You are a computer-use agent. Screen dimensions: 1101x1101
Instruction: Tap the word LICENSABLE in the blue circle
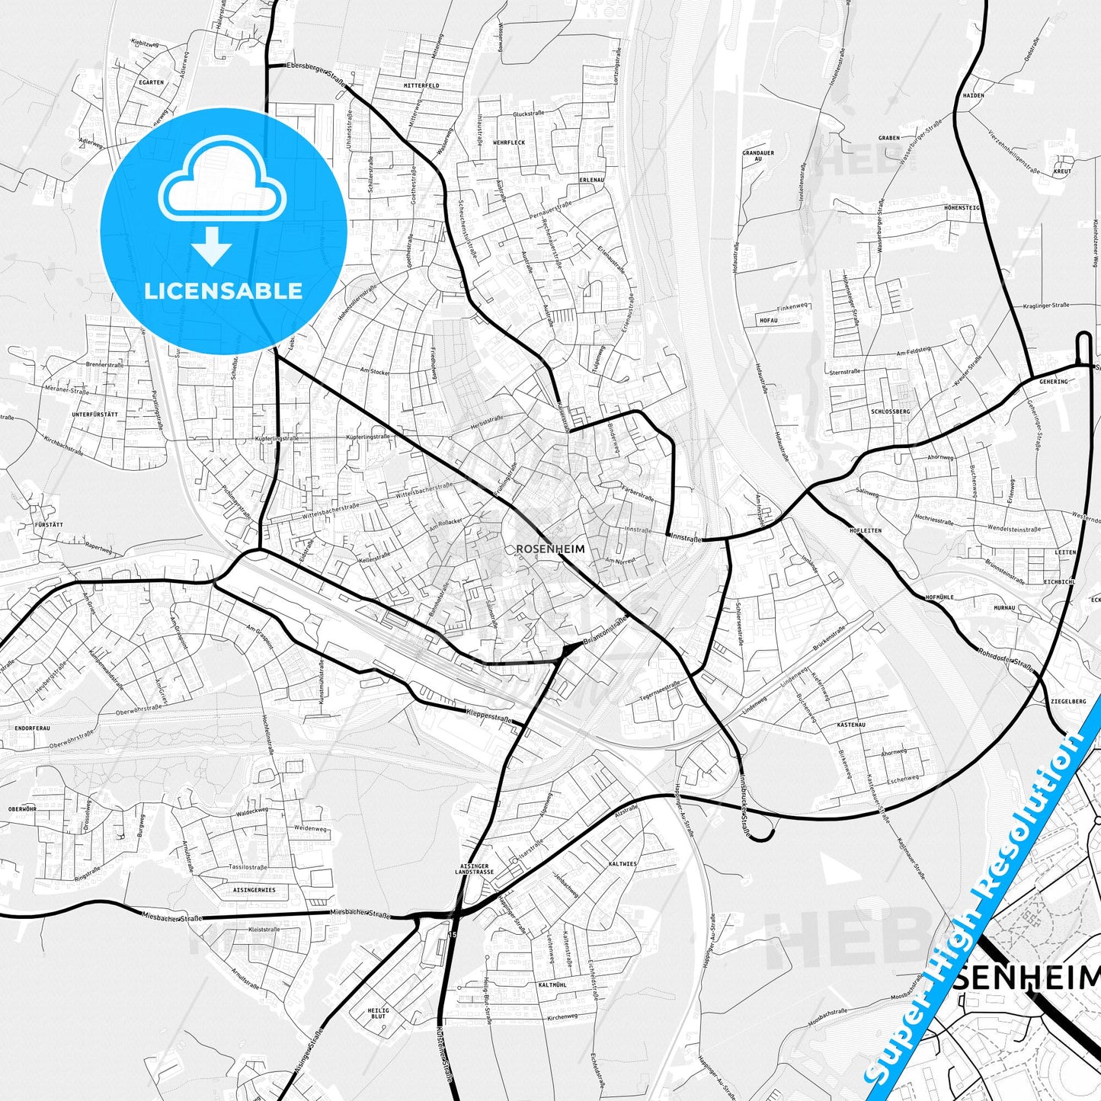pos(223,290)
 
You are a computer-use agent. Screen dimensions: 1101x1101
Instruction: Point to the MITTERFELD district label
pos(421,86)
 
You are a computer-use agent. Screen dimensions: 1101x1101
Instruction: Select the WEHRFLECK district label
pos(508,142)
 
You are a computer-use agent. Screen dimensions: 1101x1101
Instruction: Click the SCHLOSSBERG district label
pos(890,411)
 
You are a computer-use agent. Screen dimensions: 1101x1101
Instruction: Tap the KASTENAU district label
pos(851,725)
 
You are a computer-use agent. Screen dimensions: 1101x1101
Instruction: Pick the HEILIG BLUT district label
pos(379,1013)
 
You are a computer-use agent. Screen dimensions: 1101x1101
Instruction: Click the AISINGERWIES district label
pos(254,890)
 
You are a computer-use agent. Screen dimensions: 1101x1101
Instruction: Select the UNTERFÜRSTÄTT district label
pos(94,414)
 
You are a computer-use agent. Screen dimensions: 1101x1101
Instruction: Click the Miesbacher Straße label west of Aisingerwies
pos(171,918)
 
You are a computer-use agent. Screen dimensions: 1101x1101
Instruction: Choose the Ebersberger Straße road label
pos(315,71)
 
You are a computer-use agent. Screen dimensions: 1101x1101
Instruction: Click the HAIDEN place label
pos(973,96)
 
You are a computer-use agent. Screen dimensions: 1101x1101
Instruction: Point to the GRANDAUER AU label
pos(757,156)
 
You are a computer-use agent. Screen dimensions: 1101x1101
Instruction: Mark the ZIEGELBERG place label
pos(1067,701)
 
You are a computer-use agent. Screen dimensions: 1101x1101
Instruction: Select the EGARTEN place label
pos(151,82)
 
